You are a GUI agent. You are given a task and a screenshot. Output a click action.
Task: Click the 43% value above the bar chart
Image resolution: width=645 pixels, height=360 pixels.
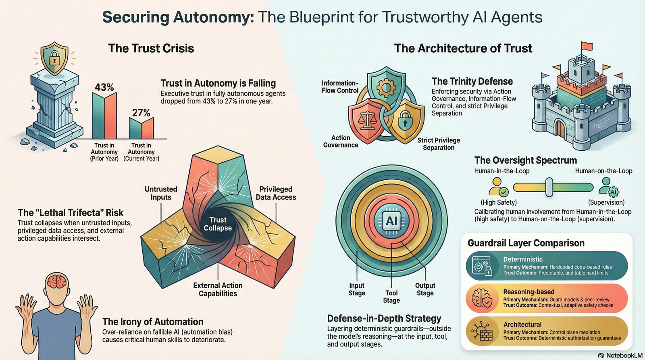click(104, 87)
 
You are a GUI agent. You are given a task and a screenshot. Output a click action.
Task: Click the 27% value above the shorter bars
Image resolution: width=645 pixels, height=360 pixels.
click(141, 113)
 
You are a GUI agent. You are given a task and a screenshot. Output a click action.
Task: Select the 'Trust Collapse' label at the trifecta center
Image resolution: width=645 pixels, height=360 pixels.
click(218, 224)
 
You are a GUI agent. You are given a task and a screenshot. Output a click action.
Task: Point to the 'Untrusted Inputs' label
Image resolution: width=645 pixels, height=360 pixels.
click(161, 193)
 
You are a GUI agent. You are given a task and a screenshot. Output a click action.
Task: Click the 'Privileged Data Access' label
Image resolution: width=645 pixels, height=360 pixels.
click(276, 193)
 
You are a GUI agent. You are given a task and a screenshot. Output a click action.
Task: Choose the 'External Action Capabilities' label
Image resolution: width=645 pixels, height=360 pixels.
click(218, 289)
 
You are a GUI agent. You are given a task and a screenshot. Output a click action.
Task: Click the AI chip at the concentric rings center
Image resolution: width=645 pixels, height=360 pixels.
click(391, 221)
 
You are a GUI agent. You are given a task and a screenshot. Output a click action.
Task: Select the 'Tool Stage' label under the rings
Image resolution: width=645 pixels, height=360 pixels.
click(391, 297)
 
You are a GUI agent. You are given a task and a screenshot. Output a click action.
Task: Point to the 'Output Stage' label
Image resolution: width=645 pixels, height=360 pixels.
click(425, 289)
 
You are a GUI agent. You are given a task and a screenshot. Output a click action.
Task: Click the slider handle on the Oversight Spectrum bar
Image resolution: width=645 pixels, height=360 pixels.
click(549, 187)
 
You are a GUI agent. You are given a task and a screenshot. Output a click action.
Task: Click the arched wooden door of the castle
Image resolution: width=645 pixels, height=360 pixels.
click(560, 128)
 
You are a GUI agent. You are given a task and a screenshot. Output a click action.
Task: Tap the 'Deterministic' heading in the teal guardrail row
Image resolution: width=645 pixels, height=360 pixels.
click(523, 259)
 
